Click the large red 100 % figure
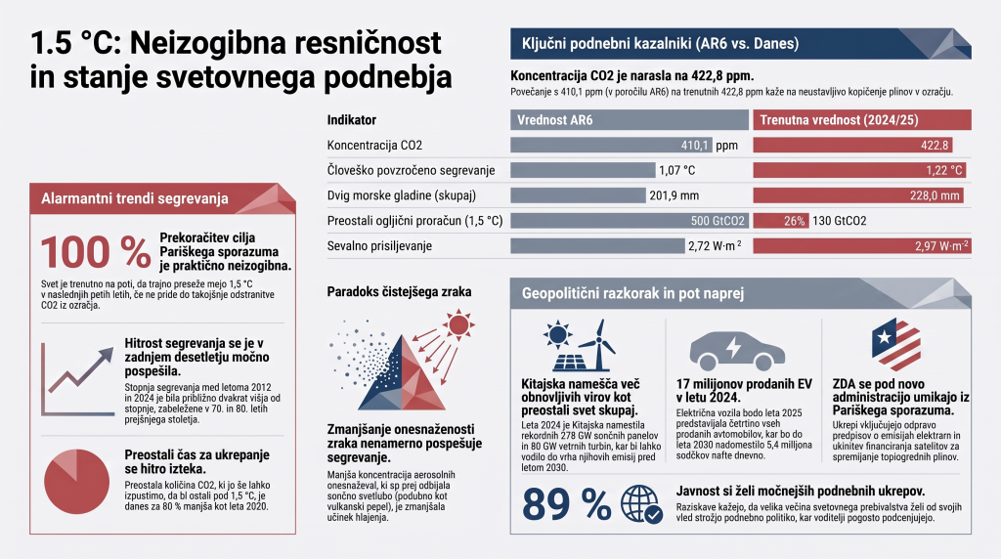tap(96, 252)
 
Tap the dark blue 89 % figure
tap(566, 503)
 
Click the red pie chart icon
tap(76, 481)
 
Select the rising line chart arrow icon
tap(78, 380)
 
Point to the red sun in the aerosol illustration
tap(457, 325)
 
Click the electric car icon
tap(737, 350)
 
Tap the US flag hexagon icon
tap(896, 345)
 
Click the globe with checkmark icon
tap(641, 504)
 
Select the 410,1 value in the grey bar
tap(695, 146)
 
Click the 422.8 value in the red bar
tap(935, 146)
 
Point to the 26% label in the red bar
tap(794, 221)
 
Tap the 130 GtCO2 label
tap(840, 221)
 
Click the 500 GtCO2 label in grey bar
tap(718, 221)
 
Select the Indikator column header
tap(352, 120)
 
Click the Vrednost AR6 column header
tap(555, 120)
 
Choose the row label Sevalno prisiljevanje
tap(379, 245)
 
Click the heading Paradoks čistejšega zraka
tap(399, 291)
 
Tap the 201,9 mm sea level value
tap(675, 195)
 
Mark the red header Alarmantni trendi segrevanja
tap(135, 198)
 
